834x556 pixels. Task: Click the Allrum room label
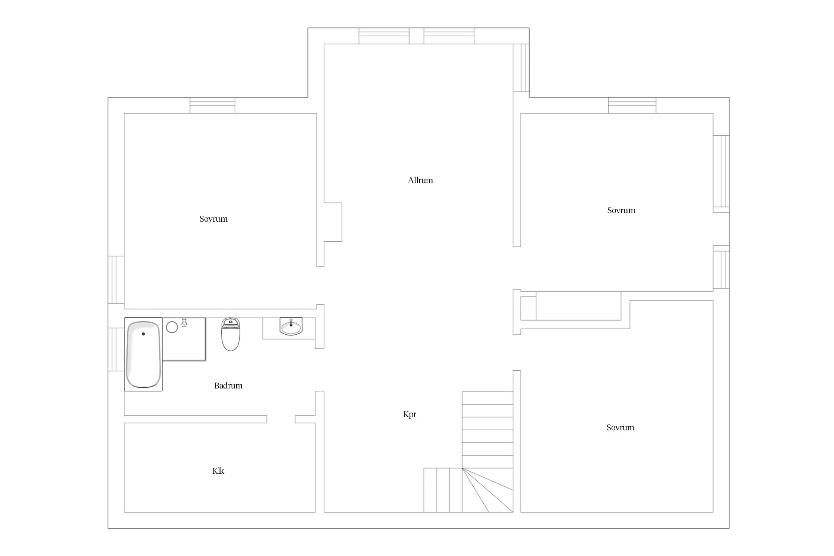point(420,181)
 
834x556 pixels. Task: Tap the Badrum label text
point(228,385)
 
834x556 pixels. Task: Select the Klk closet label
point(218,471)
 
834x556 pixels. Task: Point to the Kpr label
point(410,414)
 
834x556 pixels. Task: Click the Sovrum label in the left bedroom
point(214,219)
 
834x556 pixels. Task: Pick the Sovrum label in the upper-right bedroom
point(621,210)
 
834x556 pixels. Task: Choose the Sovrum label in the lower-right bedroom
point(620,427)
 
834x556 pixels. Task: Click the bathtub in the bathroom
point(143,354)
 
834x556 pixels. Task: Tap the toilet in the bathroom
point(231,334)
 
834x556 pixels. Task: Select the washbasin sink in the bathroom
point(291,327)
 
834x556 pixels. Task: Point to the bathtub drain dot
point(143,334)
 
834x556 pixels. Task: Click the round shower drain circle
point(172,327)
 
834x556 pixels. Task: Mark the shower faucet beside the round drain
point(184,322)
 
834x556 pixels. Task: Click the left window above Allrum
point(384,36)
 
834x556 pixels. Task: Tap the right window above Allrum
point(449,36)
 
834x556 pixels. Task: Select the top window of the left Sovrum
point(212,105)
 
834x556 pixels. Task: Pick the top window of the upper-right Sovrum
point(632,105)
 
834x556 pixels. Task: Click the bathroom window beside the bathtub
point(116,350)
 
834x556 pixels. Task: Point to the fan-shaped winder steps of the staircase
point(487,490)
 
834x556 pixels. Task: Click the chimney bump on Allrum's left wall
point(333,222)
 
